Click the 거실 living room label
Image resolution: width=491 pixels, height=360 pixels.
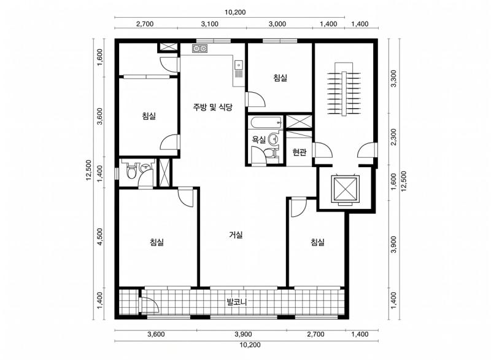(236, 235)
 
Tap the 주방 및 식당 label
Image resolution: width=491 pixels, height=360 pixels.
(212, 108)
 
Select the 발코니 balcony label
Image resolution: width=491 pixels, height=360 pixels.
(237, 302)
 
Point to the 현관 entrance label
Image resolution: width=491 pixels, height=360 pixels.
(300, 152)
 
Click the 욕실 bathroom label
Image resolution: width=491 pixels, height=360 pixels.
(259, 139)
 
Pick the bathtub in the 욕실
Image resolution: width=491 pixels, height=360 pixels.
(265, 123)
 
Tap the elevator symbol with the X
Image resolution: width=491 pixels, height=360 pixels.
(345, 190)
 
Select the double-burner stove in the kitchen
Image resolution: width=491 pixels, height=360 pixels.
(200, 49)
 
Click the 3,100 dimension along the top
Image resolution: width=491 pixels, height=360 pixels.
(209, 24)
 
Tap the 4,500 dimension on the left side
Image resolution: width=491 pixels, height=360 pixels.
(99, 237)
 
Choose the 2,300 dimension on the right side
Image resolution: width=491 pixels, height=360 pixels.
(393, 136)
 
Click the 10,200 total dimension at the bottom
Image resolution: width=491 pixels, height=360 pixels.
(250, 345)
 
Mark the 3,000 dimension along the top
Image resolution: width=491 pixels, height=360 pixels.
(277, 24)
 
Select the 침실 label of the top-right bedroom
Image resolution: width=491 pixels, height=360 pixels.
(280, 77)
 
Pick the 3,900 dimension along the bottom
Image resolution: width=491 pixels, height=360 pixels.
(243, 334)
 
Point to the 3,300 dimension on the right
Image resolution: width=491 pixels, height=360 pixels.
(393, 79)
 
